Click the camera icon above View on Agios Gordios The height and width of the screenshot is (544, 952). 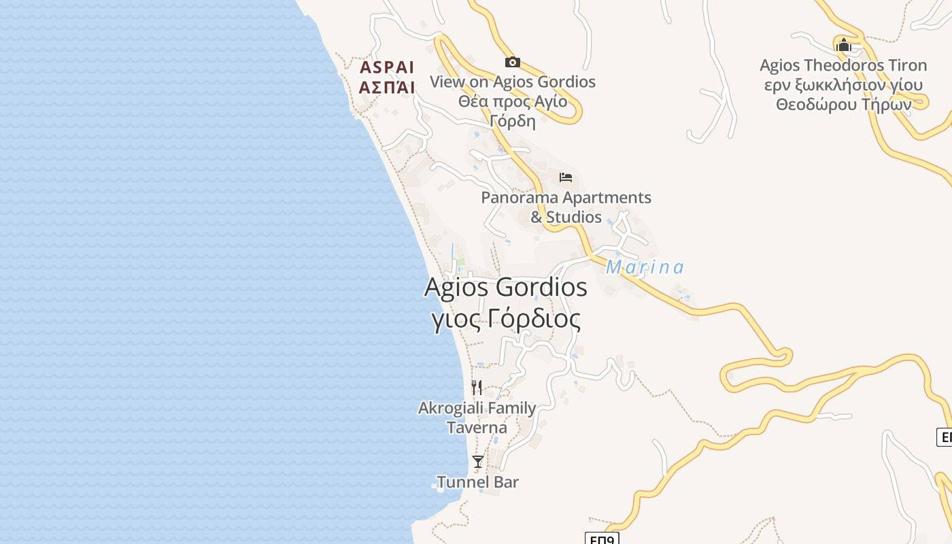(x=513, y=63)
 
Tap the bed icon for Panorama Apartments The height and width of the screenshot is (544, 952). (x=566, y=177)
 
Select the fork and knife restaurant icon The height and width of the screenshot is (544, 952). (x=477, y=388)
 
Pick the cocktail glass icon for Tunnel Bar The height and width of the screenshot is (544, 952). (x=478, y=462)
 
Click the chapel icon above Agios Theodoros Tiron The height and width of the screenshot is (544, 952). (x=844, y=46)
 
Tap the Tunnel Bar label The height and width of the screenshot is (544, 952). (x=477, y=482)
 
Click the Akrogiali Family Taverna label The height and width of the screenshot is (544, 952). (x=477, y=418)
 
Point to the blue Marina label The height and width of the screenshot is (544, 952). (x=645, y=267)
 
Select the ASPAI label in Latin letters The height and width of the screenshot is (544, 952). (x=387, y=67)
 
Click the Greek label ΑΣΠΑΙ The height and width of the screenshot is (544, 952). (x=387, y=87)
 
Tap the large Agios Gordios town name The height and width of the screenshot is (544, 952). (x=505, y=287)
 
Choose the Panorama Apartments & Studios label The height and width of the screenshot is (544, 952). (x=566, y=207)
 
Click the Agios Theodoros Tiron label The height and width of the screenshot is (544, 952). (x=843, y=65)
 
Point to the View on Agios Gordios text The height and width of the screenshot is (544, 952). (x=513, y=82)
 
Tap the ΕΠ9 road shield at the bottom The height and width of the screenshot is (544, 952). (x=602, y=539)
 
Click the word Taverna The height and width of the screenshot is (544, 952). (x=477, y=428)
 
